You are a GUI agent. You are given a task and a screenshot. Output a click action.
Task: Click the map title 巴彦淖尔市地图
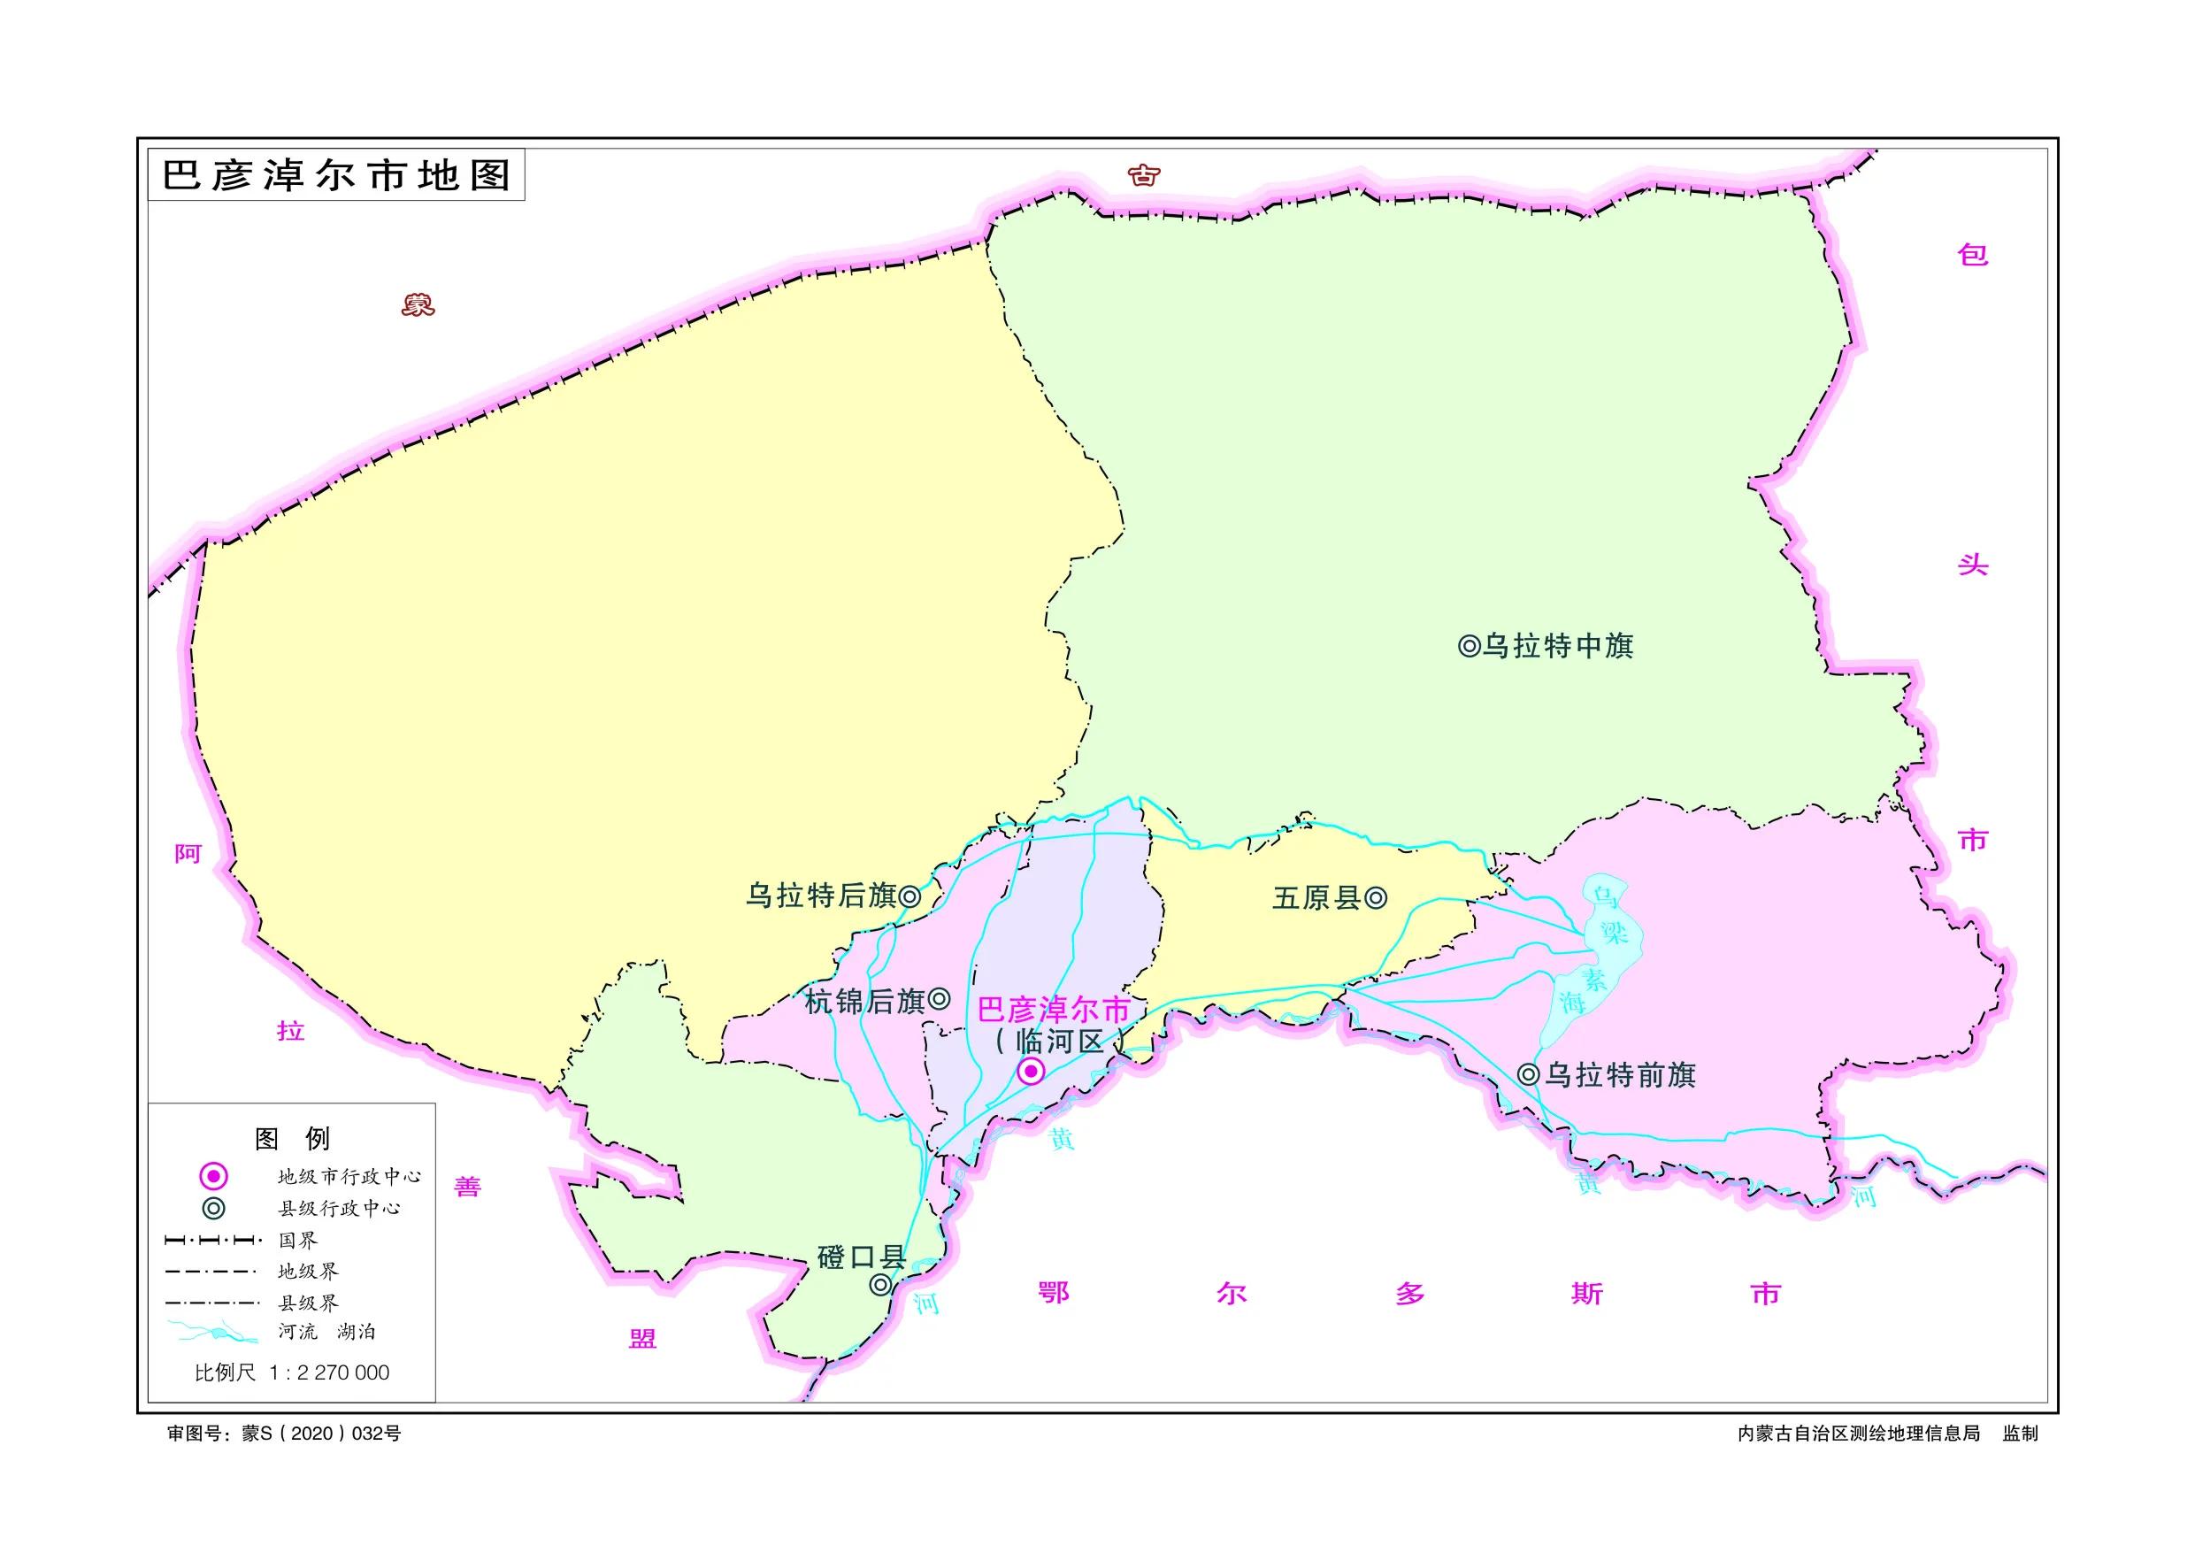(x=335, y=175)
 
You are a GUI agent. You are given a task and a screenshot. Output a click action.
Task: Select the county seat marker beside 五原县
(x=1376, y=898)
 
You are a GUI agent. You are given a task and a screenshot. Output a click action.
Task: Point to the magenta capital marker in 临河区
(x=1030, y=1072)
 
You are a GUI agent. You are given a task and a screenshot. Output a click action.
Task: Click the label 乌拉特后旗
(x=820, y=896)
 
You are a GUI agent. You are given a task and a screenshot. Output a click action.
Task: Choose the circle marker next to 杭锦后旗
(x=940, y=999)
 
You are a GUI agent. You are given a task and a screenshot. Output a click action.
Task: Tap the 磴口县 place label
(x=861, y=1257)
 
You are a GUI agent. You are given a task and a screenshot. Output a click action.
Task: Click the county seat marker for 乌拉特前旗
(x=1529, y=1075)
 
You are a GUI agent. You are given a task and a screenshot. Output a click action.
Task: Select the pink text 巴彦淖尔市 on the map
(x=1054, y=1010)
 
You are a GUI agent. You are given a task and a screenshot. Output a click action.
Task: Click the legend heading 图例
(x=292, y=1139)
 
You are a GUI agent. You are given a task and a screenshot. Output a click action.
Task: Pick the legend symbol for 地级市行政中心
(x=213, y=1176)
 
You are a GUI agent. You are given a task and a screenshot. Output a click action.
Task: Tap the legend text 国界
(x=297, y=1241)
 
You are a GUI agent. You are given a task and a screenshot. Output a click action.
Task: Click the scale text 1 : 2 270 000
(x=330, y=1373)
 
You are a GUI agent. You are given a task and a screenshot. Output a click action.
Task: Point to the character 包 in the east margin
(x=1972, y=254)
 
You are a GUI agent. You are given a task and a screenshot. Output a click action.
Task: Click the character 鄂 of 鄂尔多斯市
(x=1053, y=1293)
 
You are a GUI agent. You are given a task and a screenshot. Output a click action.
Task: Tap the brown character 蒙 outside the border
(x=418, y=305)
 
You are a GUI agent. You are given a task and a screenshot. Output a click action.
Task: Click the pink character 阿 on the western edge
(x=188, y=854)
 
